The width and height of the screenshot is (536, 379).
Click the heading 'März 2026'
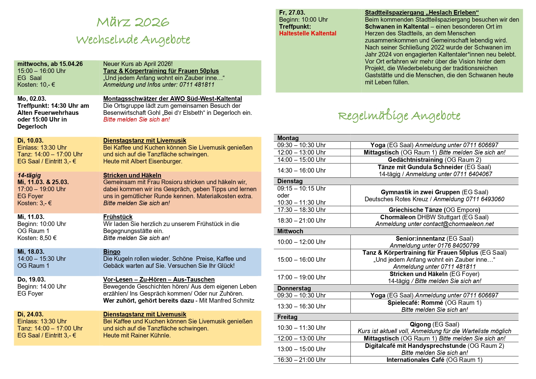[133, 22]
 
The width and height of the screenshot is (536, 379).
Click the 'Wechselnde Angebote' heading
[133, 40]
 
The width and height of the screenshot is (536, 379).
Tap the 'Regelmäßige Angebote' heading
[399, 116]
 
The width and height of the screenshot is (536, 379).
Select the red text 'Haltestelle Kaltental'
[308, 33]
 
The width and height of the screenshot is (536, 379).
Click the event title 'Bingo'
[112, 252]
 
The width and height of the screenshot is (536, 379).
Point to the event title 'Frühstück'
[118, 217]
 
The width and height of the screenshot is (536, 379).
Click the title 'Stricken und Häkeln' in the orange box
[132, 175]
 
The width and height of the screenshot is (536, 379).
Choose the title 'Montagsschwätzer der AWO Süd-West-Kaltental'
[173, 99]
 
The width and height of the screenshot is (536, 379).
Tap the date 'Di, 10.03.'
[31, 140]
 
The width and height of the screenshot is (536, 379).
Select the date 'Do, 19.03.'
[31, 279]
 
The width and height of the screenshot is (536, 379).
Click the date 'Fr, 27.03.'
[292, 13]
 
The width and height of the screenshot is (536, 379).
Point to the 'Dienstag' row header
[290, 181]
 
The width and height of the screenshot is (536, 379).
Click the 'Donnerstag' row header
[294, 288]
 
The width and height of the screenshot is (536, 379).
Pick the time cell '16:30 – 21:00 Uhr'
[301, 360]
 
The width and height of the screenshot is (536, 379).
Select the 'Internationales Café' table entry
[415, 360]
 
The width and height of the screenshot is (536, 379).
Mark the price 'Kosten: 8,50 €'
[37, 238]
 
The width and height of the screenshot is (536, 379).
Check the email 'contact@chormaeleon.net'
[458, 224]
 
